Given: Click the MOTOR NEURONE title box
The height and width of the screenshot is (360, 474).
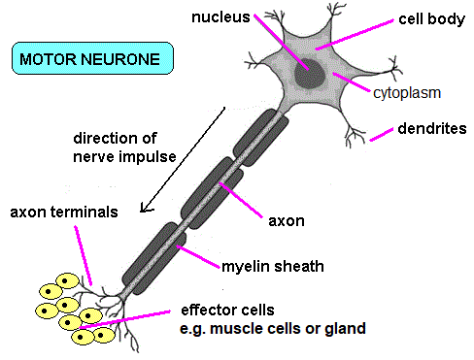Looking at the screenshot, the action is [x=92, y=58].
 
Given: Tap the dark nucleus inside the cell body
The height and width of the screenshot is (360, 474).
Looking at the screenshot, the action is [x=309, y=74].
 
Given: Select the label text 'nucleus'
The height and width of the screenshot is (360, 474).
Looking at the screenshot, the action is [x=220, y=17].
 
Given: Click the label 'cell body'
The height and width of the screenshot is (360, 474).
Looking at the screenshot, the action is [x=431, y=19].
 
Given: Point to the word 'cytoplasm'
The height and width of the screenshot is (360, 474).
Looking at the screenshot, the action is [x=407, y=93].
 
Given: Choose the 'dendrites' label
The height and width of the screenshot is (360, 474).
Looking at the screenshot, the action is [x=432, y=128].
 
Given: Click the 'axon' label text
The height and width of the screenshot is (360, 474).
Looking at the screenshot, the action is [x=287, y=221].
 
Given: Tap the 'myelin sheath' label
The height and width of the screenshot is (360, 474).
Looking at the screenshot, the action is [x=273, y=267].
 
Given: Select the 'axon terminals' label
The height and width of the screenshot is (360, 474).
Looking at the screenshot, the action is [x=64, y=213].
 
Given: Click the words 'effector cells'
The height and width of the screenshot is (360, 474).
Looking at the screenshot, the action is [x=227, y=310].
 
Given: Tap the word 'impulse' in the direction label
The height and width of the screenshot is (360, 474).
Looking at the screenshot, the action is [x=148, y=157].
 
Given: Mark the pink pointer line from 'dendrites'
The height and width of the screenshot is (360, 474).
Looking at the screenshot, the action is [x=382, y=135].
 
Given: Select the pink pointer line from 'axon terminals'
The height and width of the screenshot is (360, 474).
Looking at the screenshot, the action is [x=84, y=255].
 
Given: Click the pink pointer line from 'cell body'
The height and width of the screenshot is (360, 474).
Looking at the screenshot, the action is [x=355, y=35].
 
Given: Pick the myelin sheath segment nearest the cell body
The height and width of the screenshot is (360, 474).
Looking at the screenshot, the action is [x=260, y=138].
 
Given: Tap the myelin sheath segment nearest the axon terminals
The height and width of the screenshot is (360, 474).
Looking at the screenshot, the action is [x=154, y=258].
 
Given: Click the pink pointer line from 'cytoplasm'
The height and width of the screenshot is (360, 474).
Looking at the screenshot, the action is [x=352, y=82].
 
